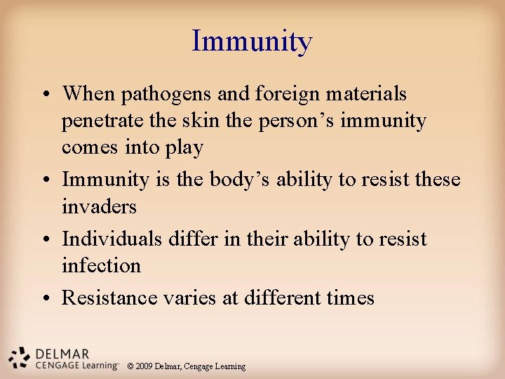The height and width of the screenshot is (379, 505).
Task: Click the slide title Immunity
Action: [252, 41]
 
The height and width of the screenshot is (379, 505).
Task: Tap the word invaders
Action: [99, 207]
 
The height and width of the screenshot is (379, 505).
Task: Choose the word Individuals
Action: [112, 239]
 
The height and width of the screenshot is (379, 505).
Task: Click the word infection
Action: [102, 266]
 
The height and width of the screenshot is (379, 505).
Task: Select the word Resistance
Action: [109, 298]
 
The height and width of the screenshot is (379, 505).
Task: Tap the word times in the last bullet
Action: [351, 298]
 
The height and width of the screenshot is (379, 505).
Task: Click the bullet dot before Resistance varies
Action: [48, 298]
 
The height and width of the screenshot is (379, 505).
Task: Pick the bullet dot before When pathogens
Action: [48, 94]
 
